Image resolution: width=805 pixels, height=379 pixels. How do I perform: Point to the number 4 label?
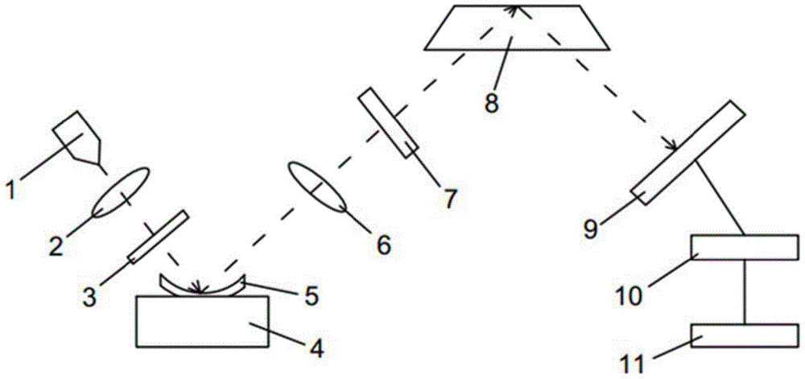click(x=316, y=349)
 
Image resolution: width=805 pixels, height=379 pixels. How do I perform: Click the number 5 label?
click(x=311, y=295)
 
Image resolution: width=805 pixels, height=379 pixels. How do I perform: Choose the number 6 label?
click(x=383, y=245)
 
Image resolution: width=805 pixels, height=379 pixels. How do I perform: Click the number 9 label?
click(x=590, y=229)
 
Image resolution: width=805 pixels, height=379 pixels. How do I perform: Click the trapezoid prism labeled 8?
click(x=517, y=27)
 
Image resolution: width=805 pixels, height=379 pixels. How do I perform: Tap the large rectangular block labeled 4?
click(x=203, y=322)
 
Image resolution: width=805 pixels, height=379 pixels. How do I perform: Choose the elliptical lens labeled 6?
click(x=318, y=187)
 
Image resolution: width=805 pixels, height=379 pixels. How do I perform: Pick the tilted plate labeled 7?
click(x=388, y=123)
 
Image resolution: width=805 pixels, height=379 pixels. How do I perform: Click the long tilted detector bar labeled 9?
click(x=688, y=153)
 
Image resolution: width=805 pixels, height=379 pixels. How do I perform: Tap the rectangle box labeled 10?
click(x=745, y=247)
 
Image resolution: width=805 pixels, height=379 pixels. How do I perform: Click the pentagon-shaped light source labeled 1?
click(x=77, y=136)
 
